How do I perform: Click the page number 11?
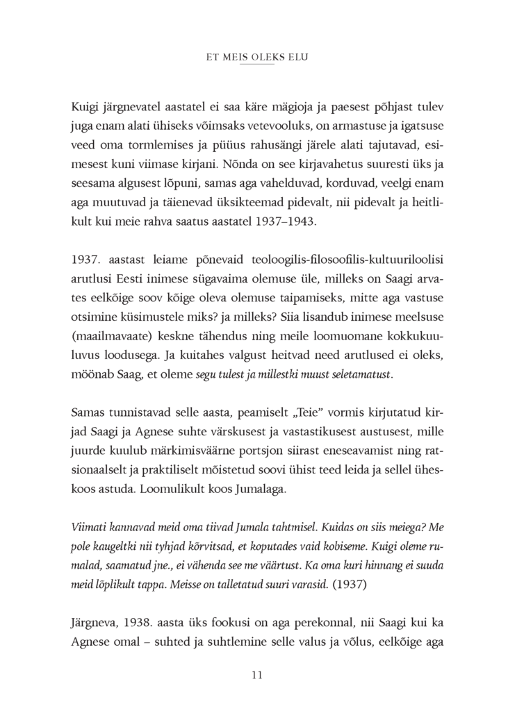click(254, 674)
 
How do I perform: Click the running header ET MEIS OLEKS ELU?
click(254, 58)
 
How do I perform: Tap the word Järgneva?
click(93, 623)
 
